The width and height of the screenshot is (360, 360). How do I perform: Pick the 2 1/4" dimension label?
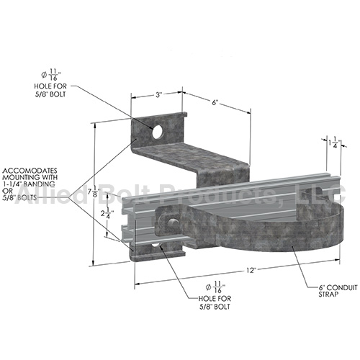click(109, 215)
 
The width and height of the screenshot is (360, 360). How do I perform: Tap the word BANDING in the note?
click(53, 184)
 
